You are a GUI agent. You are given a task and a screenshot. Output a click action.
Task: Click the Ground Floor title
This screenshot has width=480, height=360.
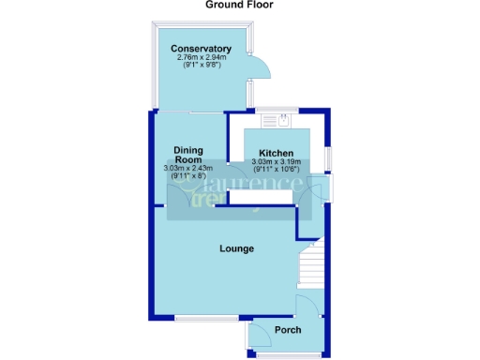pyautogui.click(x=239, y=5)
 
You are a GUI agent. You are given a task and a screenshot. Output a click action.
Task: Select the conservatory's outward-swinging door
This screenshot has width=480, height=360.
pyautogui.click(x=260, y=67)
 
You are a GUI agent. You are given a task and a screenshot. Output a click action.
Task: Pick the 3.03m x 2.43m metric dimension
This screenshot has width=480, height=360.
pyautogui.click(x=188, y=169)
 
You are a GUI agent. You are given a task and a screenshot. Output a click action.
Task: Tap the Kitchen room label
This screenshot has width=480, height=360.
pyautogui.click(x=277, y=153)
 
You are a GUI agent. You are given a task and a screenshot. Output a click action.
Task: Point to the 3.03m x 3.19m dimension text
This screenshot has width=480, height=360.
pyautogui.click(x=277, y=162)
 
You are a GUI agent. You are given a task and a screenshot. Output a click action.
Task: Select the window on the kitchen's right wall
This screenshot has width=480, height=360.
pyautogui.click(x=326, y=155)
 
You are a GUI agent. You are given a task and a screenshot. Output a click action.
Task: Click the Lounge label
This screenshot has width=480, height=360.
pyautogui.click(x=237, y=248)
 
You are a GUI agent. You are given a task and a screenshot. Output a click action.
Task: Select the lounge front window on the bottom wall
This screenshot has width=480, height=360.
pyautogui.click(x=200, y=320)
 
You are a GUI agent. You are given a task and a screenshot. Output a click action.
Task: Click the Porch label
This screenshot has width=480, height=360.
pyautogui.click(x=287, y=329)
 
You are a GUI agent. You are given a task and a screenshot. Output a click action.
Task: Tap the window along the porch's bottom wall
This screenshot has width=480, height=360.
pyautogui.click(x=287, y=354)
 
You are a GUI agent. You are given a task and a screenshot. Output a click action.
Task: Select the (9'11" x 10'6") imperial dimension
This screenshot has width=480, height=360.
pyautogui.click(x=277, y=171)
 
